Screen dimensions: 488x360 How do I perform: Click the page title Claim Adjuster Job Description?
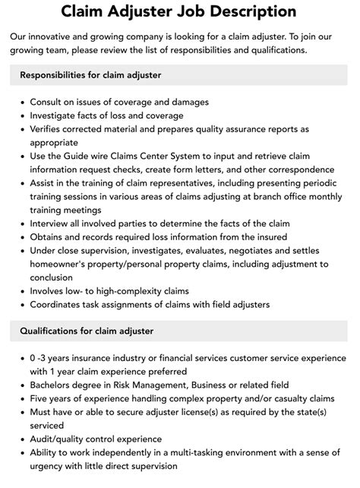(x=180, y=11)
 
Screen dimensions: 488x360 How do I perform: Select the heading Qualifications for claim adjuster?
(x=87, y=331)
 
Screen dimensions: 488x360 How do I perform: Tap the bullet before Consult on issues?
(x=21, y=102)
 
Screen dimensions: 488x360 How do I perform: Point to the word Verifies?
(x=48, y=129)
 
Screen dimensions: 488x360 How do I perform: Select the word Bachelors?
(x=55, y=385)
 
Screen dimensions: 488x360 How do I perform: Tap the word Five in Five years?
(x=41, y=398)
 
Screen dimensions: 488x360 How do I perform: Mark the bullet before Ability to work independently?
(x=21, y=452)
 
